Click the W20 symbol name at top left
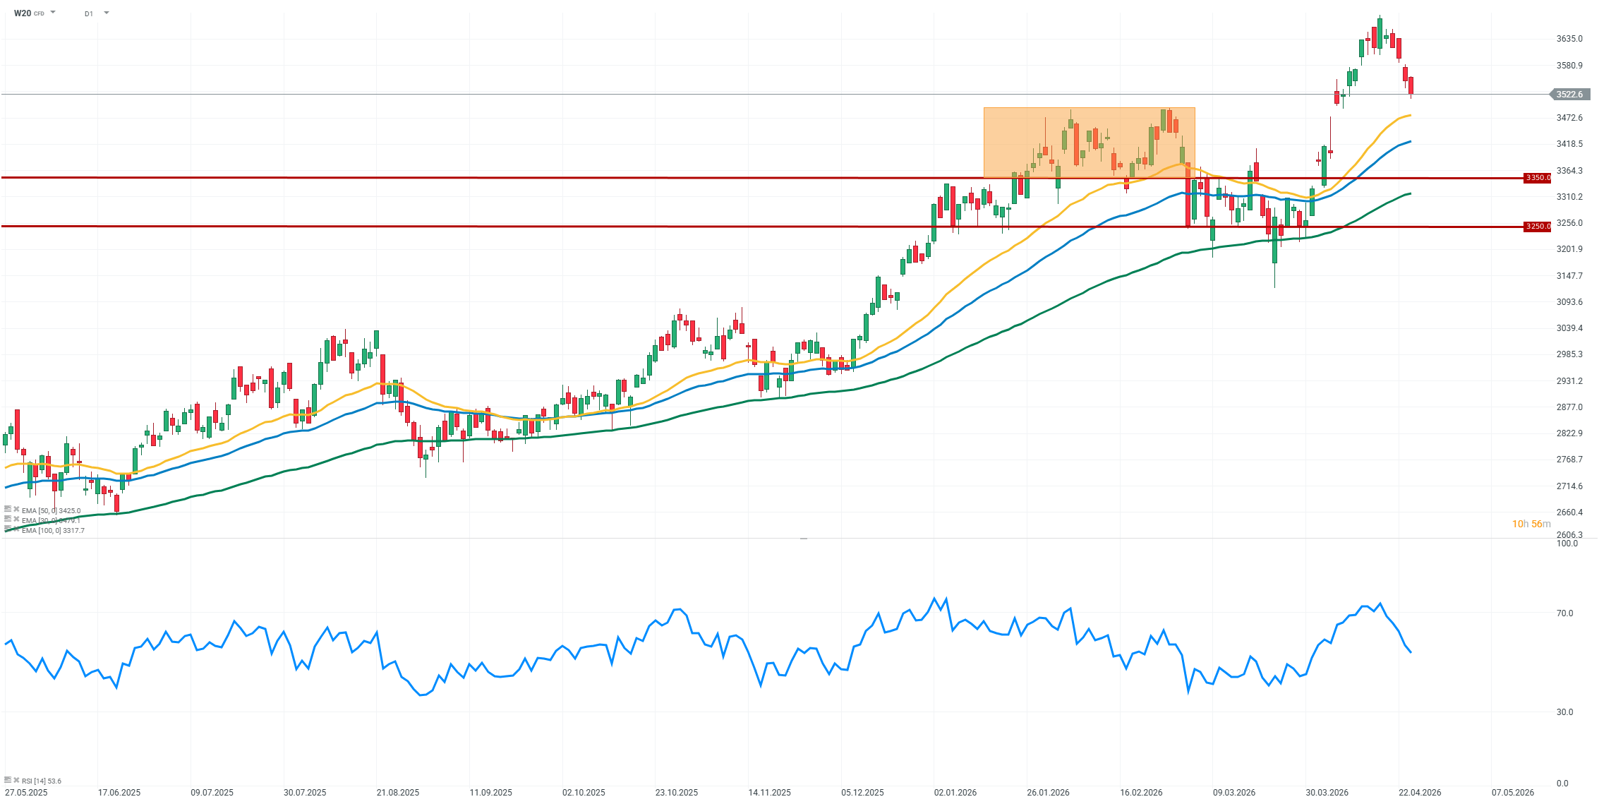(23, 13)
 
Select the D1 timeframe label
(89, 13)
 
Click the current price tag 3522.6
(1569, 95)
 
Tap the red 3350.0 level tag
(1538, 178)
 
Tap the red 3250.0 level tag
(1538, 227)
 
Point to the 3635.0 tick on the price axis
(1569, 39)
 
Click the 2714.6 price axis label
(1569, 486)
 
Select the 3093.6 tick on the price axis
(1569, 302)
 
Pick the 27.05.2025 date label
(25, 793)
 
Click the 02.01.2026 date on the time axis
(955, 793)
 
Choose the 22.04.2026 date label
(1420, 793)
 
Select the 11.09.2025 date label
(491, 793)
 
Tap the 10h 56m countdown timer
(1531, 524)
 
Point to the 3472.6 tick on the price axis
(1569, 118)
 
